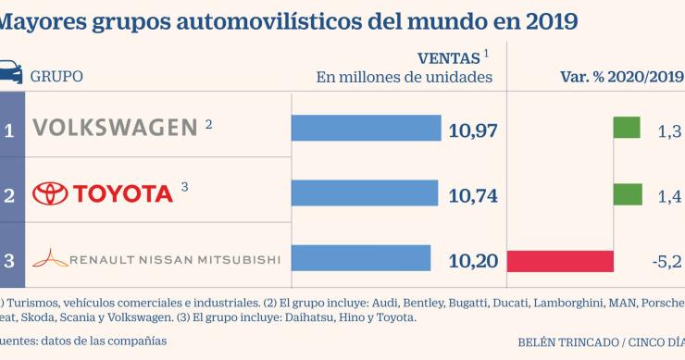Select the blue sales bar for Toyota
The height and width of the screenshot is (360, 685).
coord(365,193)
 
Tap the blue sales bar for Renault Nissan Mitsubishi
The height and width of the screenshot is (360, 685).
coord(361,259)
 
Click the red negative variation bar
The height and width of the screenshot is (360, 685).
coord(560,260)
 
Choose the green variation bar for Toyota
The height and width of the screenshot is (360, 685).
coord(627,194)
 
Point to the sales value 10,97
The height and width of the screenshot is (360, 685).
coord(473,130)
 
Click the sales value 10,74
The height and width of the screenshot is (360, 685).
coord(473,195)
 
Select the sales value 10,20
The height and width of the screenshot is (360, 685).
coord(473,260)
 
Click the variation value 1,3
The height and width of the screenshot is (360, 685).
coord(669,130)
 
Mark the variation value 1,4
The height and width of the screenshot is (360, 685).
coord(669,195)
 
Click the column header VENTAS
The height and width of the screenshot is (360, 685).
coord(448,57)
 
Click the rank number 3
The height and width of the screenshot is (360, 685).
coord(9,260)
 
